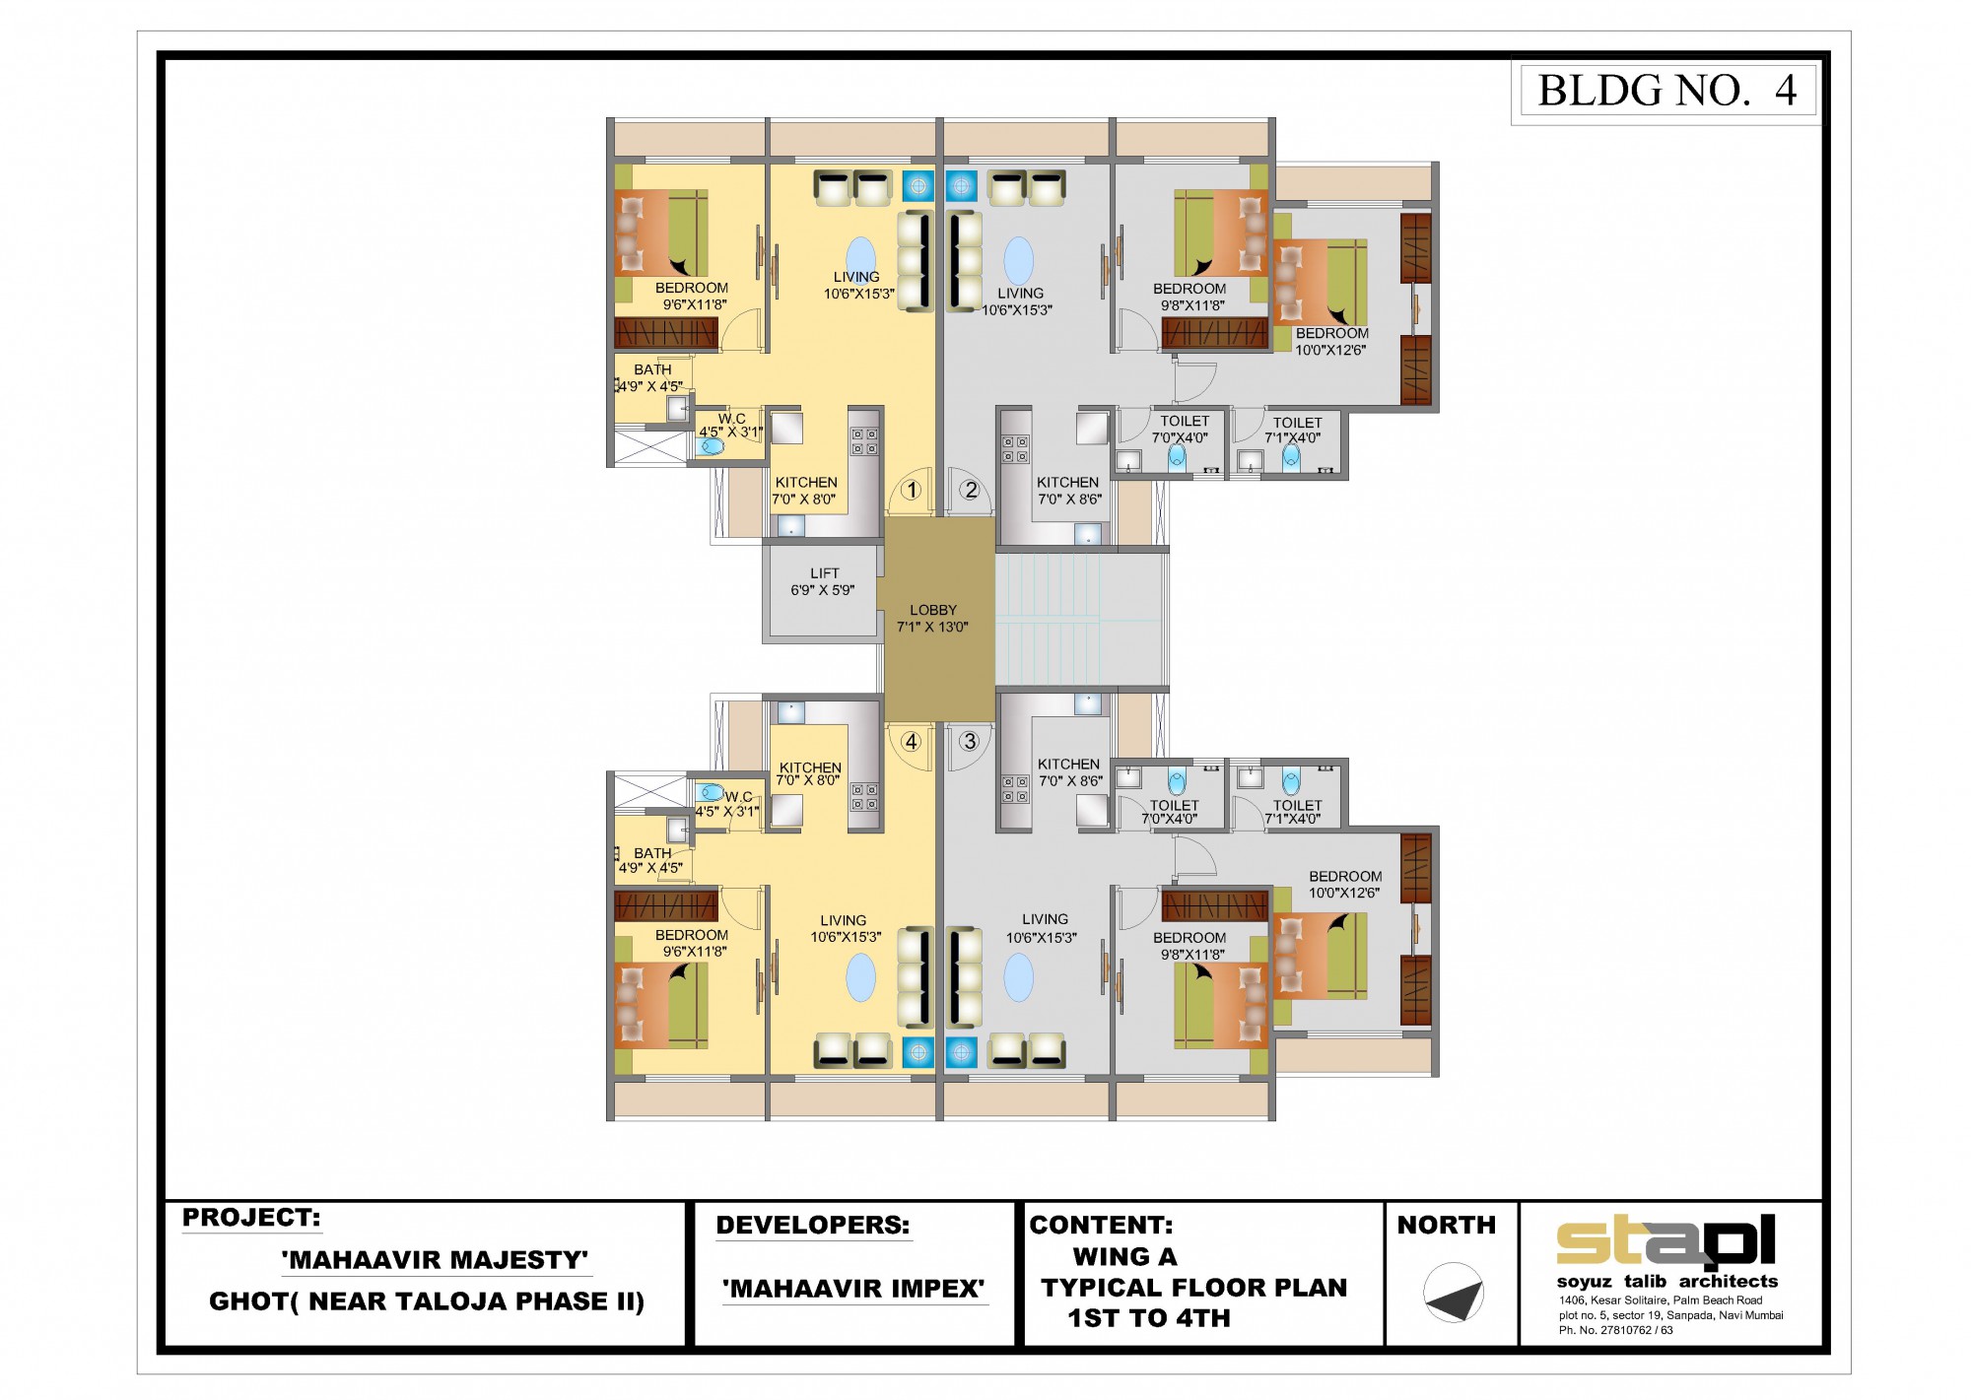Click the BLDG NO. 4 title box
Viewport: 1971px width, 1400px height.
pyautogui.click(x=1667, y=91)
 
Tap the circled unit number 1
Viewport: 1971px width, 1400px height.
pyautogui.click(x=912, y=490)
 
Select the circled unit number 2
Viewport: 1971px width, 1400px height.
pyautogui.click(x=971, y=490)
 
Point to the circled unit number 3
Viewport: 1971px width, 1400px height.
pyautogui.click(x=970, y=741)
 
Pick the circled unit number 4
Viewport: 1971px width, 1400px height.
pyautogui.click(x=912, y=741)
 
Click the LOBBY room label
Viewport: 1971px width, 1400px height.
pyautogui.click(x=933, y=610)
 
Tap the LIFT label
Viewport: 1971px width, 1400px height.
pyautogui.click(x=825, y=573)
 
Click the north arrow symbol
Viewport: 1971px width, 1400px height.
pyautogui.click(x=1454, y=1293)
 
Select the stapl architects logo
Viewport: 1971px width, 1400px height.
pyautogui.click(x=1665, y=1241)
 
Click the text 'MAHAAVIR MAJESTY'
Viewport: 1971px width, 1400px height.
pyautogui.click(x=435, y=1260)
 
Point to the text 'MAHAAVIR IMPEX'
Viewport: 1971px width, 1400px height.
pyautogui.click(x=853, y=1289)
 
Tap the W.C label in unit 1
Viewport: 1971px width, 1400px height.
pyautogui.click(x=732, y=419)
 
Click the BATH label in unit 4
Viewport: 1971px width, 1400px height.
pyautogui.click(x=652, y=853)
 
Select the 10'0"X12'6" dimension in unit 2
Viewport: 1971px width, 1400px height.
pyautogui.click(x=1330, y=350)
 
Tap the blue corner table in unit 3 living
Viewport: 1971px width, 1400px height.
pyautogui.click(x=961, y=1052)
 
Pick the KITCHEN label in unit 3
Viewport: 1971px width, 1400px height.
pyautogui.click(x=1068, y=764)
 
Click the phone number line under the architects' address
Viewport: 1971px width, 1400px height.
pyautogui.click(x=1615, y=1330)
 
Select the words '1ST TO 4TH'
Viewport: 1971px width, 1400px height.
pyautogui.click(x=1149, y=1318)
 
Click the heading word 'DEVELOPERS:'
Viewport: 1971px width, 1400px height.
pyautogui.click(x=813, y=1225)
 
